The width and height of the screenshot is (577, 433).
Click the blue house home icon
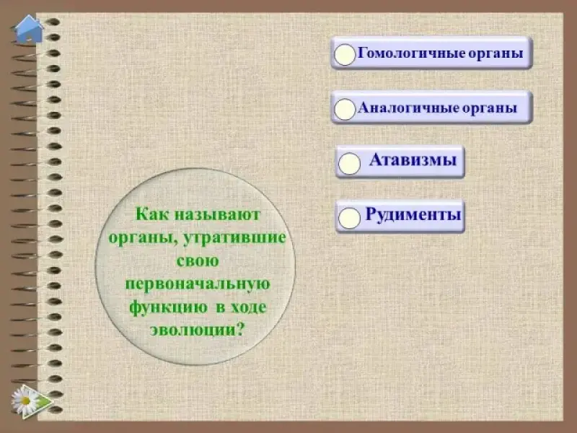click(28, 29)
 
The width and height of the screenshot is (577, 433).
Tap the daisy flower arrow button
click(32, 401)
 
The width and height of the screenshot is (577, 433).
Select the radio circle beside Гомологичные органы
click(345, 55)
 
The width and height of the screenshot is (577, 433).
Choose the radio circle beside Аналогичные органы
click(345, 110)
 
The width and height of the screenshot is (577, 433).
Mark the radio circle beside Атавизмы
click(349, 164)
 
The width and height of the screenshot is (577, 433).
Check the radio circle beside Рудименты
click(349, 218)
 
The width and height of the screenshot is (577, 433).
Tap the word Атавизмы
click(413, 159)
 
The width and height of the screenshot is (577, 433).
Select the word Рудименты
click(413, 214)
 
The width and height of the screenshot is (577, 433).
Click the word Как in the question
click(151, 214)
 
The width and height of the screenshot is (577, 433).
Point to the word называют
click(217, 214)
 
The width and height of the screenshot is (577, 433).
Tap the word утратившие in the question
click(234, 237)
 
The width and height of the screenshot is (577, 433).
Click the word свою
click(198, 261)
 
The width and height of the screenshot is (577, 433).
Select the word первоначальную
click(198, 284)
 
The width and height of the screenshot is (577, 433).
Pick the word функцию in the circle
click(168, 308)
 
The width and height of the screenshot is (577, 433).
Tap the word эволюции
click(193, 331)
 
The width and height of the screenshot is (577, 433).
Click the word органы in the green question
click(143, 238)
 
